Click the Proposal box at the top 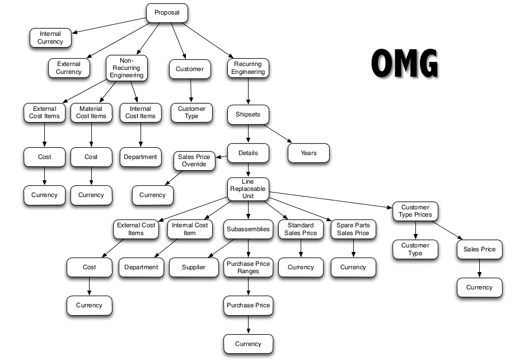tap(167, 12)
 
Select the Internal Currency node tap(50, 38)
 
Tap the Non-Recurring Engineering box tap(127, 68)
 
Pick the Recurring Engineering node tap(248, 68)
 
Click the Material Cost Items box tap(91, 113)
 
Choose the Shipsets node tap(248, 115)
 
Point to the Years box tap(308, 153)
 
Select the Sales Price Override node tap(194, 161)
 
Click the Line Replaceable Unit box tap(248, 189)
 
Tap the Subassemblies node tap(248, 229)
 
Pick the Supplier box tap(194, 267)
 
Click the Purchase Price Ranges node tap(248, 267)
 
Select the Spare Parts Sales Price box tap(353, 229)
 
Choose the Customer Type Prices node tap(415, 211)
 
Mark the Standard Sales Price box tap(301, 229)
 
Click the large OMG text tap(404, 63)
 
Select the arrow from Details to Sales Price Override tap(220, 157)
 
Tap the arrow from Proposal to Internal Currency tap(109, 25)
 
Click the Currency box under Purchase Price tap(248, 344)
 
